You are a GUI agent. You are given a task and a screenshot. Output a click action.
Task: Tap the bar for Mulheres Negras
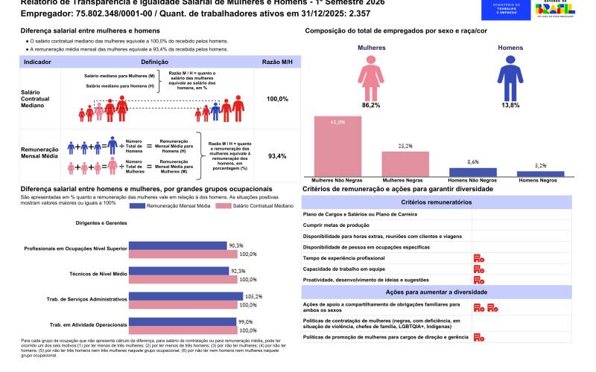coord(405,163)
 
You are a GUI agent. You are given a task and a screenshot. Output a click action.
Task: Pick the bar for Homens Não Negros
coord(473,171)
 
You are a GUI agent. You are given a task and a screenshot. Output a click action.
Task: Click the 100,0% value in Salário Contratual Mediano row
coord(277,99)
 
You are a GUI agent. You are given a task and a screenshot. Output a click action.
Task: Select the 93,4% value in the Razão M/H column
coord(277,156)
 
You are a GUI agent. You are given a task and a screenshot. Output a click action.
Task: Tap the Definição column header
coord(154,62)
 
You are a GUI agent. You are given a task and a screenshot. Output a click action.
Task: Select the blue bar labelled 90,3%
coord(178,245)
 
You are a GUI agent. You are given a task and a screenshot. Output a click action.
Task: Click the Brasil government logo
coord(555,13)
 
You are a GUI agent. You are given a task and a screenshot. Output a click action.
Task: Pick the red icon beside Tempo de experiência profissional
coord(479,257)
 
